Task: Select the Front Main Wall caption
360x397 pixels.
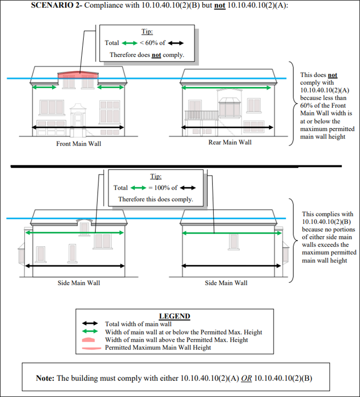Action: [x=78, y=144]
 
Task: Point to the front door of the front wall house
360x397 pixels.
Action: [x=78, y=119]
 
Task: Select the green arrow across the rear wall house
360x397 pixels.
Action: [x=226, y=88]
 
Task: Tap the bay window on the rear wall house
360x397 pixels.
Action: [x=228, y=108]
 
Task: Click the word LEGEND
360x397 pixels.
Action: [x=175, y=316]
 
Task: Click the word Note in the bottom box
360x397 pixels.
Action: [x=46, y=378]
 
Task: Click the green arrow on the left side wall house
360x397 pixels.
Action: [x=76, y=233]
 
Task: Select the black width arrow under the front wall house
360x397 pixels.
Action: [x=78, y=128]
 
